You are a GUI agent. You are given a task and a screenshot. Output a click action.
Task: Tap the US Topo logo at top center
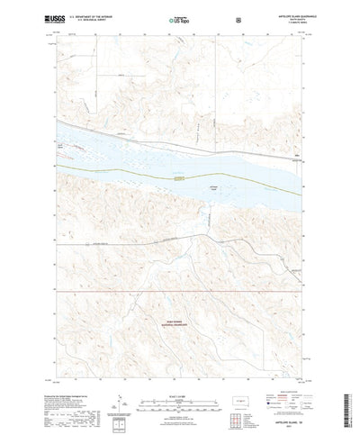coord(179,19)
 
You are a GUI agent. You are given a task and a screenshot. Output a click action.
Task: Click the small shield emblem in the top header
coord(237,18)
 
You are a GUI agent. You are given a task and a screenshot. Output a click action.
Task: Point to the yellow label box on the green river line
coord(183,178)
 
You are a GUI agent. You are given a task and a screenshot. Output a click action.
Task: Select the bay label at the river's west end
coord(62,144)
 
